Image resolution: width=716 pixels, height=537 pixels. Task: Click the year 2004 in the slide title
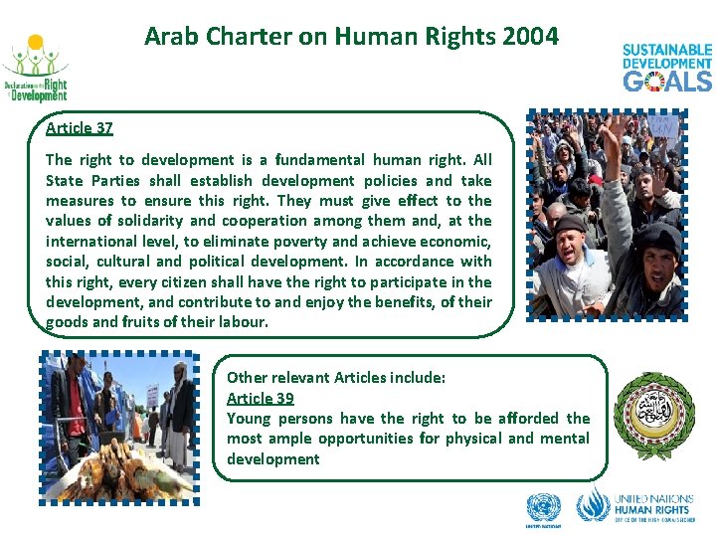tap(531, 37)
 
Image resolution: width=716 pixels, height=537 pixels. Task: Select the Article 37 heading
tap(79, 128)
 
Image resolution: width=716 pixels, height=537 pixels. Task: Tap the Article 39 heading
tap(260, 398)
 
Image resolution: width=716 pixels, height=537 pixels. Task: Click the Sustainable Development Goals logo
tap(667, 68)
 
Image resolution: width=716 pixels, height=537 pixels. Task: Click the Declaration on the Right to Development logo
tap(36, 70)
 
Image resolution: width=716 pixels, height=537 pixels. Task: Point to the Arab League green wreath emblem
tap(653, 415)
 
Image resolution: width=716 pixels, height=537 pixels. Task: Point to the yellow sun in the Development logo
tap(36, 45)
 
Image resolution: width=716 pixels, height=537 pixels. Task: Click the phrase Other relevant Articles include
tap(336, 378)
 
